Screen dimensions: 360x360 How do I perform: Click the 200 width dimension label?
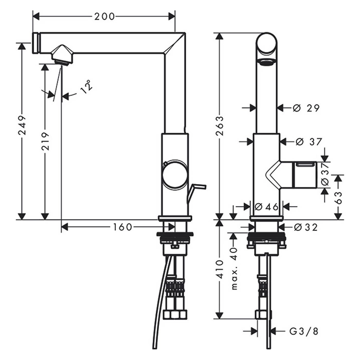click(x=104, y=16)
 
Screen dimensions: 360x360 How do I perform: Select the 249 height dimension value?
click(x=22, y=132)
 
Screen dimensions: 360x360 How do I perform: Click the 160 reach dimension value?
click(x=122, y=226)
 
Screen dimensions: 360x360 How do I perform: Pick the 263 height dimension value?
click(x=220, y=126)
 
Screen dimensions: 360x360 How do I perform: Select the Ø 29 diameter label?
click(x=307, y=108)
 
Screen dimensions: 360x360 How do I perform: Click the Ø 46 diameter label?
click(x=266, y=207)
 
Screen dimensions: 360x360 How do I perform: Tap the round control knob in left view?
click(x=175, y=175)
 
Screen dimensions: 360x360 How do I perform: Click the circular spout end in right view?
click(x=266, y=45)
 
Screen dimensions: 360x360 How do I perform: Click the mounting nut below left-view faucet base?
click(x=175, y=237)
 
